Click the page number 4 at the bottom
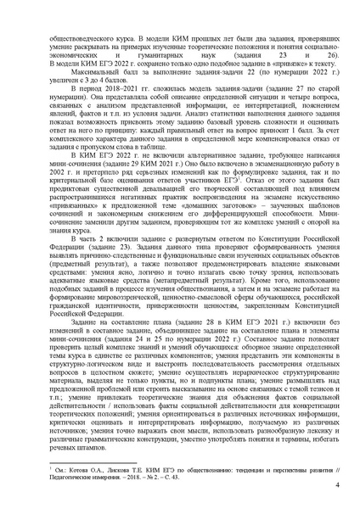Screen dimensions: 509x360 click(337, 486)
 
